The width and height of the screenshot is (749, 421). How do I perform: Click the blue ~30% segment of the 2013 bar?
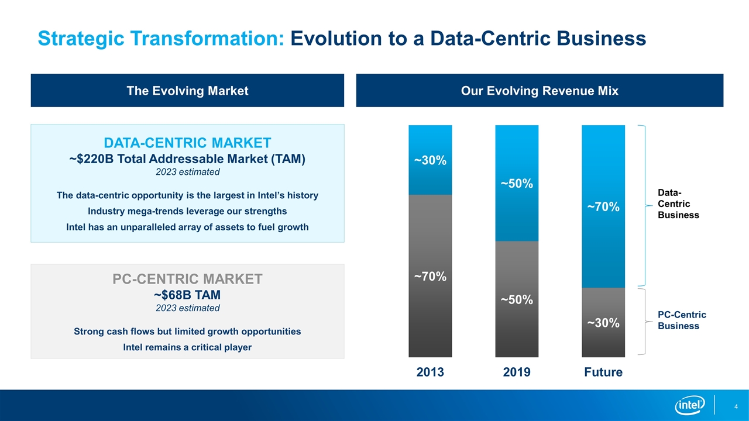pos(430,160)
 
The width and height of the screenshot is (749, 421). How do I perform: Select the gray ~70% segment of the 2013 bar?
pos(430,275)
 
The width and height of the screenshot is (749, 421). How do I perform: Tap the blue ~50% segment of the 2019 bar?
pos(517,183)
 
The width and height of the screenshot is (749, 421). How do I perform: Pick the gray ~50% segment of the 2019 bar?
pos(517,299)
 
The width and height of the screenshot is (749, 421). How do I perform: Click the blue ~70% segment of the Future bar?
pos(603,206)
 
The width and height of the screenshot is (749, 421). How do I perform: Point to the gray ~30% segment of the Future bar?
pos(603,322)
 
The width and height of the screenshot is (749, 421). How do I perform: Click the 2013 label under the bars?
pos(430,372)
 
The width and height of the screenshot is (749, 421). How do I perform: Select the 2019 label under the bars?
pos(517,372)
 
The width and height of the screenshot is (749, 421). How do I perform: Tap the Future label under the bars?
pos(603,372)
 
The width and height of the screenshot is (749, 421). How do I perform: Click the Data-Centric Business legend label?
pos(678,204)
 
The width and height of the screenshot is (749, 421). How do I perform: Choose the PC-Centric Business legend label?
pos(682,320)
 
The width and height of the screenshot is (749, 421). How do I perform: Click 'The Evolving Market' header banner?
pos(187,91)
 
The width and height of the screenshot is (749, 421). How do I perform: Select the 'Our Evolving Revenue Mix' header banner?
pos(540,91)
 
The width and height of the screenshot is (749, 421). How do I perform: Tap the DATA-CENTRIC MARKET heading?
pos(187,143)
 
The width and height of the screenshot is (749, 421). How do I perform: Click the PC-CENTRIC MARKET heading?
pos(187,279)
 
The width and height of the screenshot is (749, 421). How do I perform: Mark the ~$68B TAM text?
pos(187,294)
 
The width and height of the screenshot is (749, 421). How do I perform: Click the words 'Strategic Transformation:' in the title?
pos(162,39)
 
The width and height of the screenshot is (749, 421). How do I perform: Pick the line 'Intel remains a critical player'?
pos(187,347)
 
